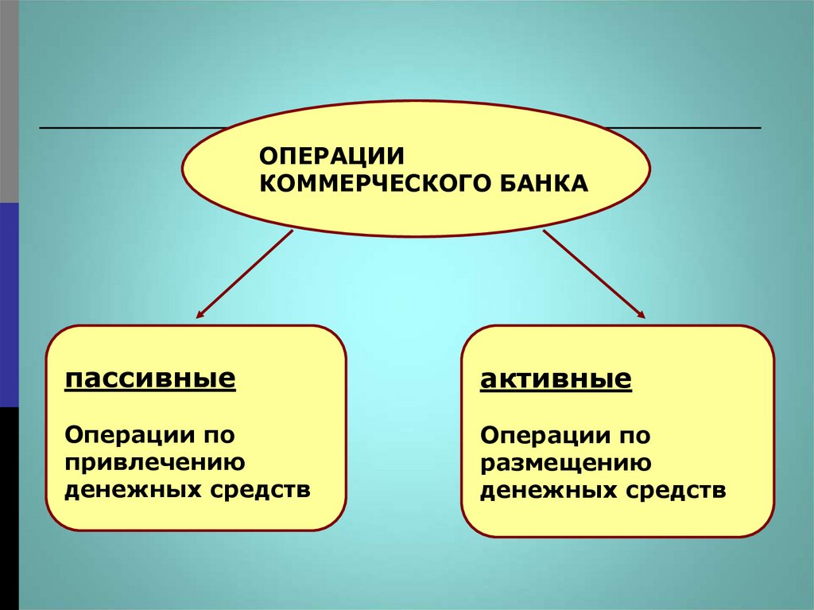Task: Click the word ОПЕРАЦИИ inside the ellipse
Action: tap(312, 154)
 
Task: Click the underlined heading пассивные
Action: tap(150, 378)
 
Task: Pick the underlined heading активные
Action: tap(556, 379)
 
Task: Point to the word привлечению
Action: tap(154, 462)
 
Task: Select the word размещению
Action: tap(566, 463)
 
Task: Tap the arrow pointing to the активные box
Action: tap(593, 274)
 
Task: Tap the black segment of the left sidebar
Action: tap(9, 508)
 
